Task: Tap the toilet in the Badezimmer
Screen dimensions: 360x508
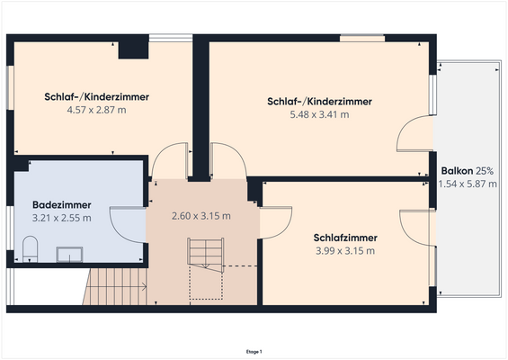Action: [x=29, y=249]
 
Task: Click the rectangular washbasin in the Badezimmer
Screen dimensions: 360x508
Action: [x=67, y=255]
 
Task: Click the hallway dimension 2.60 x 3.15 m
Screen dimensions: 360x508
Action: [x=201, y=216]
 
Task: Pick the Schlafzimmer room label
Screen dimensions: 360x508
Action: [x=345, y=238]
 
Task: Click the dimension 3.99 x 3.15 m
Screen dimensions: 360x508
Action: [x=345, y=250]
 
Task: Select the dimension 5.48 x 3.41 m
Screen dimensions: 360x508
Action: [x=319, y=114]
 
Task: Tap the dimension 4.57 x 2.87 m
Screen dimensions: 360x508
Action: [x=96, y=110]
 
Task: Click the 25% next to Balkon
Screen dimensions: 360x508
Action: [x=485, y=171]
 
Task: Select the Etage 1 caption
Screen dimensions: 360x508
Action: [x=254, y=351]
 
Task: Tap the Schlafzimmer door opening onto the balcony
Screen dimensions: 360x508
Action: [x=416, y=228]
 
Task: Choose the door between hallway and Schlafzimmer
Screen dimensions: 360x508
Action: [x=270, y=221]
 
